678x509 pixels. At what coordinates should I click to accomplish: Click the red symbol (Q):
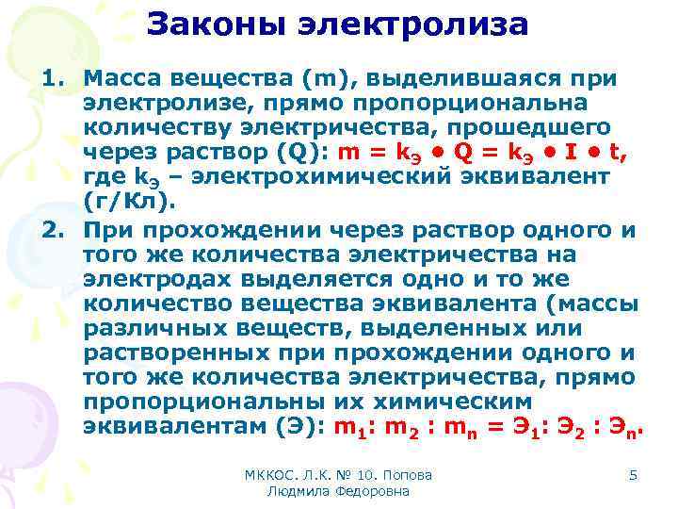(335, 151)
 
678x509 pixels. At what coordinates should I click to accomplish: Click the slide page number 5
(633, 475)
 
